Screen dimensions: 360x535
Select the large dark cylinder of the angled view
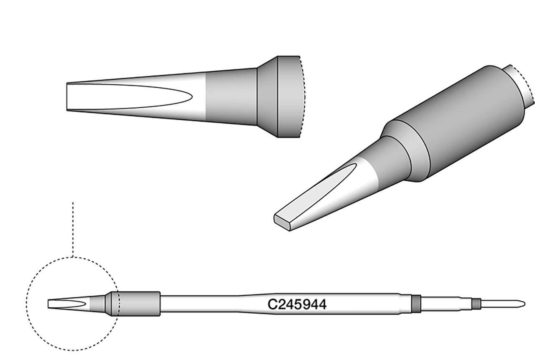click(460, 121)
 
